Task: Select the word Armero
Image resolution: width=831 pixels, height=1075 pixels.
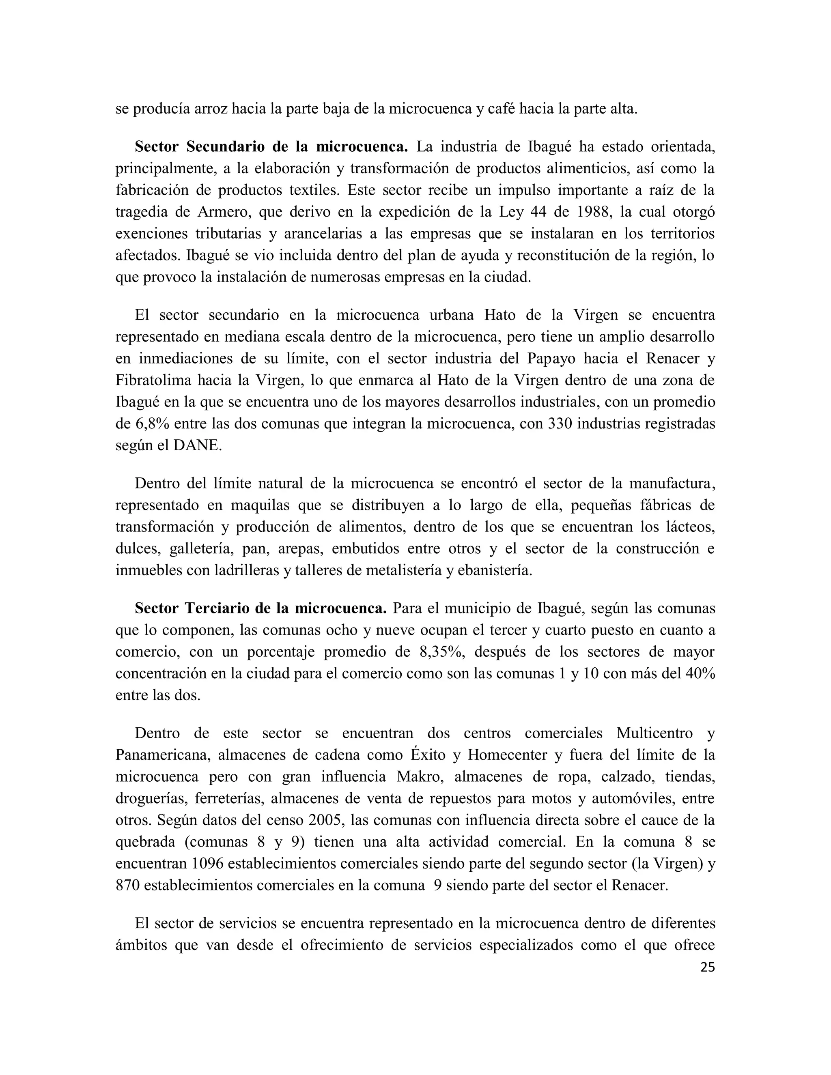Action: pos(224,212)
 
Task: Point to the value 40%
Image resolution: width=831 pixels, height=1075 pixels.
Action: pos(700,673)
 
